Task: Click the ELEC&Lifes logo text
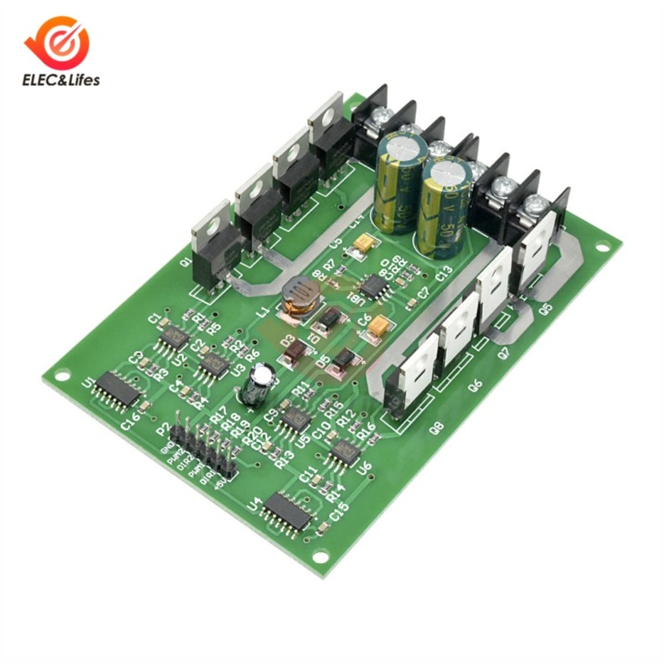click(62, 80)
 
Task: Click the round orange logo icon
click(61, 42)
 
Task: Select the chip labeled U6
click(345, 452)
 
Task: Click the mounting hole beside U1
click(61, 374)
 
